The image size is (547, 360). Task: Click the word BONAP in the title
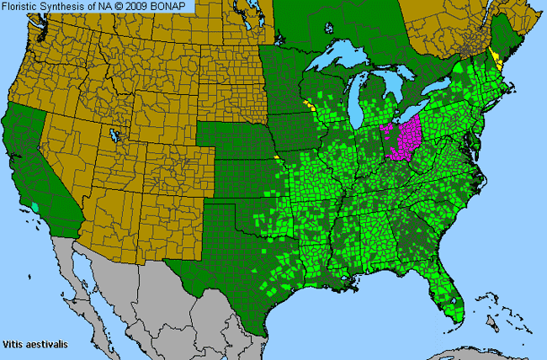coord(175,7)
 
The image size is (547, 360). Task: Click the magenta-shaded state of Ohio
coord(407,138)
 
